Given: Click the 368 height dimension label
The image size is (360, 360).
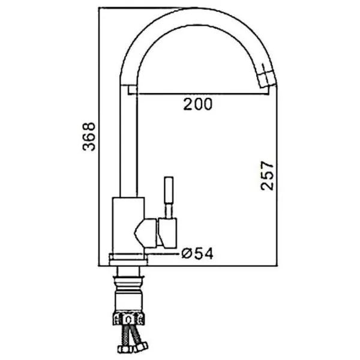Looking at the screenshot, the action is coord(89,136).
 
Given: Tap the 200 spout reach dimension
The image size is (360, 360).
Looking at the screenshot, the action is coord(198,104).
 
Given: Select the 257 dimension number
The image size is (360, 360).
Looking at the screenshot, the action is coord(267,176).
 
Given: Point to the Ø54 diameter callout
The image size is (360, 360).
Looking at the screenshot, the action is coord(197,253).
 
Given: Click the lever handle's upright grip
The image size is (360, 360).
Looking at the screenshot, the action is coord(169,190).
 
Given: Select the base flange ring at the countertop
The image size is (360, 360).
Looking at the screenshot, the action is coord(128,259).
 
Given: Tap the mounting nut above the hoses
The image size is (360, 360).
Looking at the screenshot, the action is coord(129,319).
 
